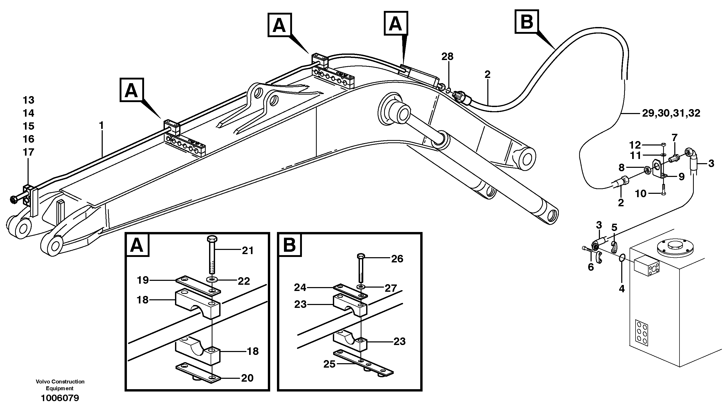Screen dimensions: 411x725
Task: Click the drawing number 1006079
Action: coord(60,398)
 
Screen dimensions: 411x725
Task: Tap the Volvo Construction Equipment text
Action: coord(60,385)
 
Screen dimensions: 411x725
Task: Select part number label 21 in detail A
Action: coord(248,250)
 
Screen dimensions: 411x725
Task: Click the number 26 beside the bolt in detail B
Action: coord(397,259)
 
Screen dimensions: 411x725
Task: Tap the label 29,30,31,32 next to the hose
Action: coord(671,114)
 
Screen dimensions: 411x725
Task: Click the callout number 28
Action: coord(447,57)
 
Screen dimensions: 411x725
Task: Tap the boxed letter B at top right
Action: coord(527,22)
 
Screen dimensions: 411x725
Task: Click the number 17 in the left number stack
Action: coord(29,152)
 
